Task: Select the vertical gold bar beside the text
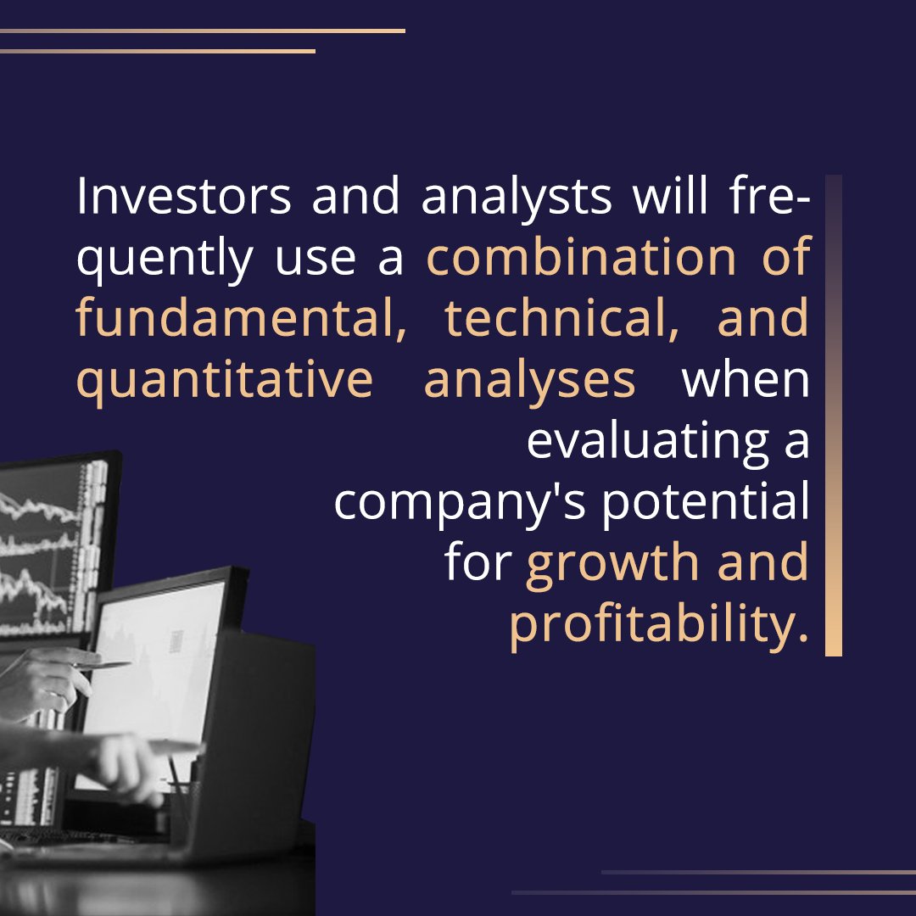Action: [x=833, y=416]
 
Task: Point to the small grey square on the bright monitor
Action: [x=176, y=640]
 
